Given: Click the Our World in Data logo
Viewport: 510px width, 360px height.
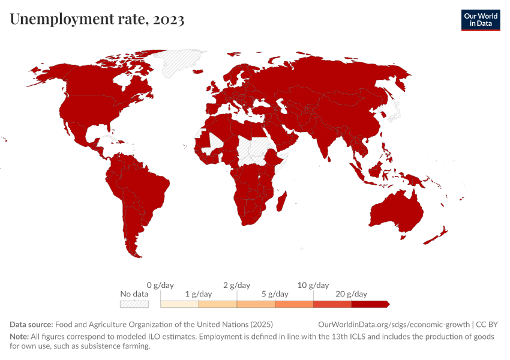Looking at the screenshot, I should coord(481,20).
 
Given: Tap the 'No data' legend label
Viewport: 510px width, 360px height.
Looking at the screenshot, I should coord(134,294).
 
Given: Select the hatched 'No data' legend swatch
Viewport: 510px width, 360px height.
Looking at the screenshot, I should coord(134,304).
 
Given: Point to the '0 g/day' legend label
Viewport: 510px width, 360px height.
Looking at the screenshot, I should coord(160,285).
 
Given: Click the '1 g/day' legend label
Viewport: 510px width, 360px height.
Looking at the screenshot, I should coord(199,294).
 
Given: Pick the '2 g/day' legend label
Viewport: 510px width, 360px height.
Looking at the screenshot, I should coord(236,285).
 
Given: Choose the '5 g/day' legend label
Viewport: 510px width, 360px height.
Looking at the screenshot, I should coord(275,294).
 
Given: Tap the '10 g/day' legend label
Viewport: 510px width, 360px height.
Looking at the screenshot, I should coord(313,285).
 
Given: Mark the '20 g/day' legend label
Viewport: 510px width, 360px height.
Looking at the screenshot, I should coord(352,294).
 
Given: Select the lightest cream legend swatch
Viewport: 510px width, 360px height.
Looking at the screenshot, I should coord(179,304).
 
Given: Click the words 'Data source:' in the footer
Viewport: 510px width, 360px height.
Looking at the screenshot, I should coord(31,324).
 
